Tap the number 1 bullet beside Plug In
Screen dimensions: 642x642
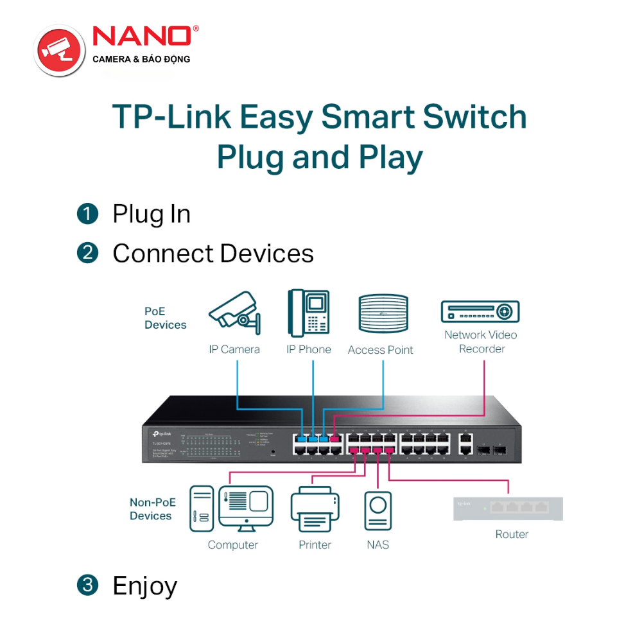point(87,214)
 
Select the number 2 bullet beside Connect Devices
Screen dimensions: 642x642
point(87,253)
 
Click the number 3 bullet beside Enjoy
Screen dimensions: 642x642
point(87,585)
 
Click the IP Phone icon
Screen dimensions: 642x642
point(308,313)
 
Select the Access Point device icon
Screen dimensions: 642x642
point(383,313)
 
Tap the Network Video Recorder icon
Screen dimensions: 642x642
point(480,311)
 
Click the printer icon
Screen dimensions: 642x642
point(315,510)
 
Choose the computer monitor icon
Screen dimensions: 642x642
point(246,508)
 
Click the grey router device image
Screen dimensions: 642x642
point(508,508)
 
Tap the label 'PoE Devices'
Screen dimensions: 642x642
point(165,318)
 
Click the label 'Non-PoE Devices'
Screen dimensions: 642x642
point(152,509)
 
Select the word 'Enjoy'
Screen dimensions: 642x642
point(144,586)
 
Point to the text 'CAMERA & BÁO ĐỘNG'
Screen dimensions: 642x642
point(141,59)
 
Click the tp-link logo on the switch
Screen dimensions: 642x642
point(162,435)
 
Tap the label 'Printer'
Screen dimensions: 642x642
point(315,545)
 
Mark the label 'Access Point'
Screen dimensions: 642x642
point(381,350)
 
